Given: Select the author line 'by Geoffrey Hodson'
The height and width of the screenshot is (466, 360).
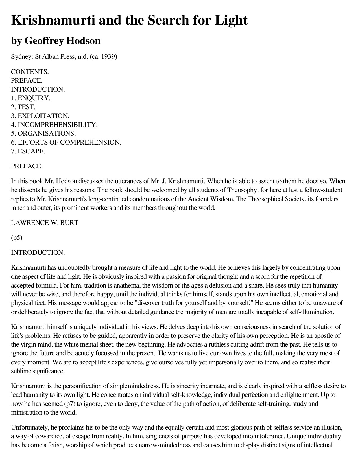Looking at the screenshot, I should (x=56, y=41).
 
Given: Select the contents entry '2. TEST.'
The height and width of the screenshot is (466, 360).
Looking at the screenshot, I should (x=23, y=107).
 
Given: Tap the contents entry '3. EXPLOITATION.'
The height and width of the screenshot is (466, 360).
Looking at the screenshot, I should (x=40, y=116).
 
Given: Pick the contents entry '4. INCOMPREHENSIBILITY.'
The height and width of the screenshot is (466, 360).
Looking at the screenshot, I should (x=54, y=125).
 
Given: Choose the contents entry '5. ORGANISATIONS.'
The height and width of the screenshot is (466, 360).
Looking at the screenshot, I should (x=43, y=133).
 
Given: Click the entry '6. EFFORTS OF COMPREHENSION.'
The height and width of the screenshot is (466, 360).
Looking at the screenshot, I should (x=66, y=142).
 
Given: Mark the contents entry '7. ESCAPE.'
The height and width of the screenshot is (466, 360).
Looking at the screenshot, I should (x=28, y=151).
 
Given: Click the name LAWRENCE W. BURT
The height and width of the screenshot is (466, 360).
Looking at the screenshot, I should (x=45, y=223).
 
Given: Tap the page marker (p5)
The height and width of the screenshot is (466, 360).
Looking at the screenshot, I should (x=17, y=238).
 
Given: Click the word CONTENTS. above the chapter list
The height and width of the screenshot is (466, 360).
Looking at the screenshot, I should (x=30, y=72).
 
